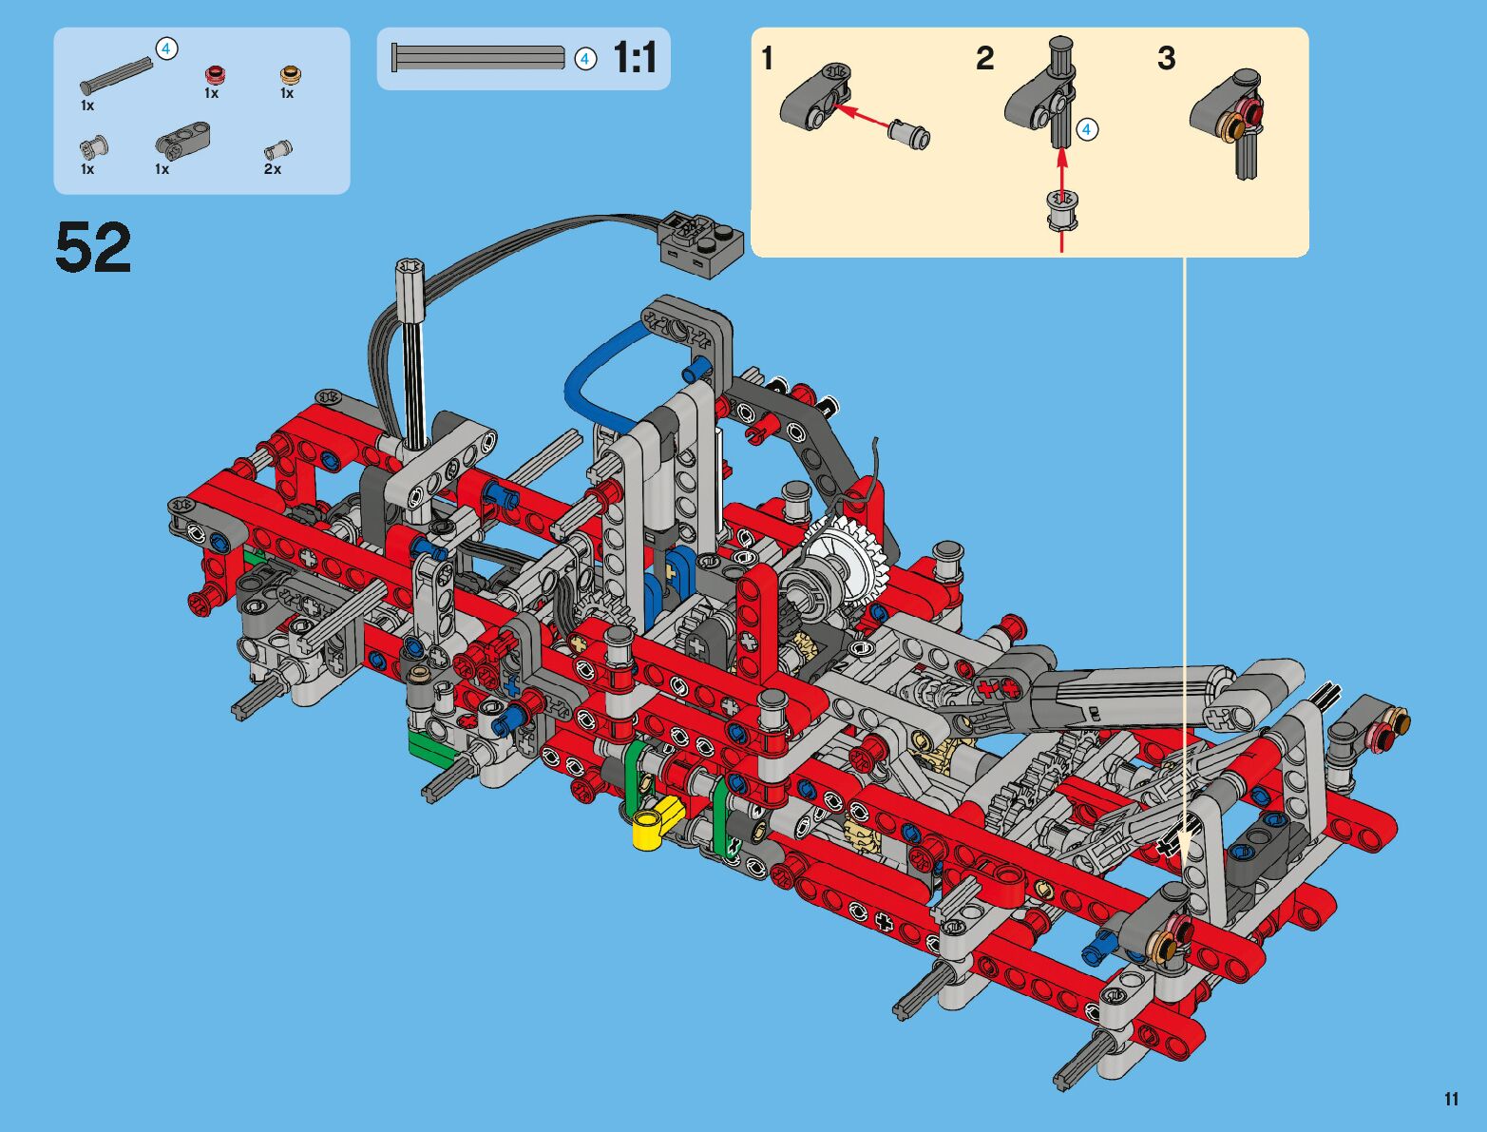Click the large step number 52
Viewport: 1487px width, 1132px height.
pos(93,247)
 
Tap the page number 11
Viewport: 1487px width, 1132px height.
pos(1451,1099)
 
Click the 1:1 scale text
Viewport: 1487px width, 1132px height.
pos(635,58)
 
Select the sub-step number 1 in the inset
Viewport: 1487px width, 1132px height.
pos(768,58)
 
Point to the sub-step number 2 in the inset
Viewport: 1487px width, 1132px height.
pos(985,58)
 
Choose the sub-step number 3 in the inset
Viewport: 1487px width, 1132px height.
pos(1167,58)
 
